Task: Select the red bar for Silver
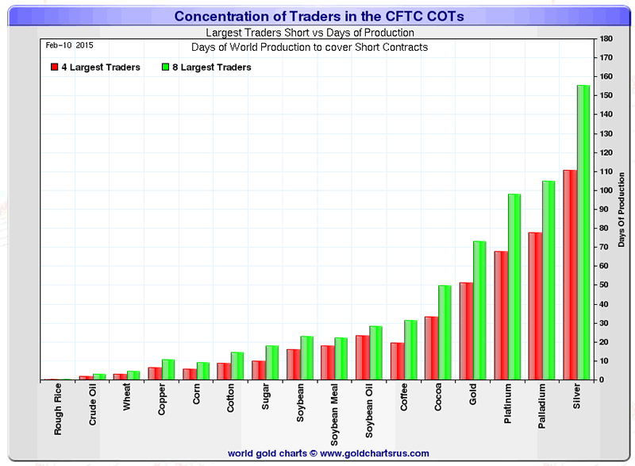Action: (569, 275)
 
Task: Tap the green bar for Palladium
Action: (548, 280)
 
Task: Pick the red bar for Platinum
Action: (500, 315)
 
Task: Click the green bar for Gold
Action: (479, 310)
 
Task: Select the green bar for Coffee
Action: (410, 350)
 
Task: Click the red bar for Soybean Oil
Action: (362, 357)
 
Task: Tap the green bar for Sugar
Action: (271, 363)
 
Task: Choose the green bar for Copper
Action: (167, 369)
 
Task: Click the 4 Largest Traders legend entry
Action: (95, 67)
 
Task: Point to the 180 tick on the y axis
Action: (606, 39)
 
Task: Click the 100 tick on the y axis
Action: (606, 191)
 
